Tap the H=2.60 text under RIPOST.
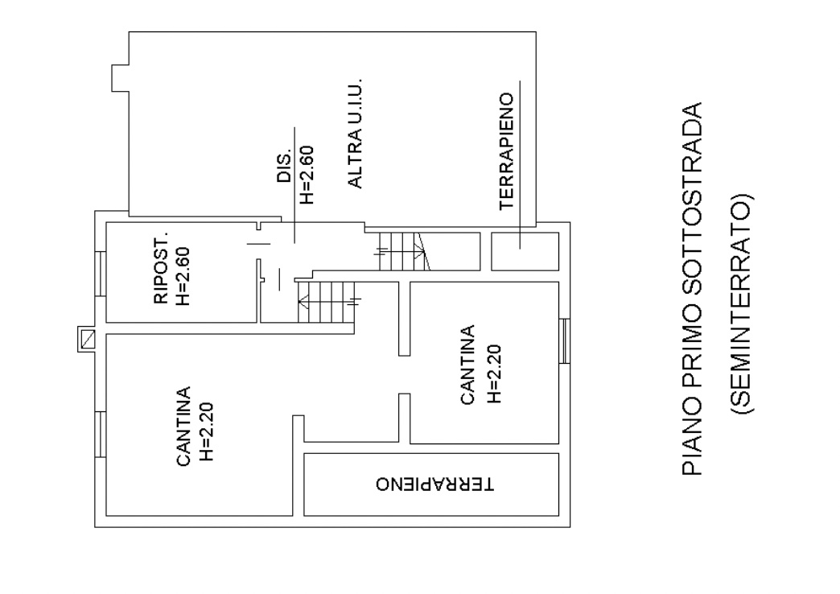(x=183, y=276)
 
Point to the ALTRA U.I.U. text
(x=355, y=134)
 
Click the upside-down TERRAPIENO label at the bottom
(x=434, y=484)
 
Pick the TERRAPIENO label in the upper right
(x=506, y=151)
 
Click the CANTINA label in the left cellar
(x=183, y=427)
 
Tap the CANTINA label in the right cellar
(x=467, y=365)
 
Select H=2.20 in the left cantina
(x=206, y=431)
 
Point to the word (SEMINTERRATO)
(x=741, y=303)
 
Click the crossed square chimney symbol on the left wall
(x=86, y=339)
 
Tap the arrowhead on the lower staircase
(x=303, y=303)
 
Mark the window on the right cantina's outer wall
(x=564, y=341)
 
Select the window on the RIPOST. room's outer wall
(x=101, y=274)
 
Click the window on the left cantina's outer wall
(x=101, y=435)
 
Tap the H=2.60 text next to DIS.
(x=307, y=175)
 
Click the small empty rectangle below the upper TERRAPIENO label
(x=525, y=251)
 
